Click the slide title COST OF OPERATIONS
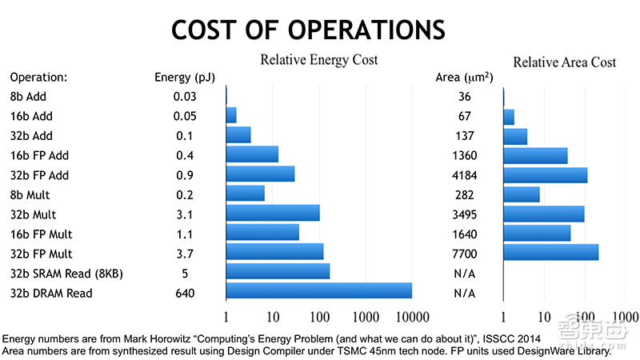point(308,30)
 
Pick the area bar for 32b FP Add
point(545,174)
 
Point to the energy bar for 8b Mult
point(246,193)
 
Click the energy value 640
point(185,293)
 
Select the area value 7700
point(465,254)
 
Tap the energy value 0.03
point(185,97)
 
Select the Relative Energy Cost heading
point(318,60)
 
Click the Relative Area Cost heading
point(564,62)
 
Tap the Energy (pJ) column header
point(185,78)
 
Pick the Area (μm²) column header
point(464,78)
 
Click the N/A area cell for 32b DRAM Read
point(465,293)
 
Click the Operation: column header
point(38,78)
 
